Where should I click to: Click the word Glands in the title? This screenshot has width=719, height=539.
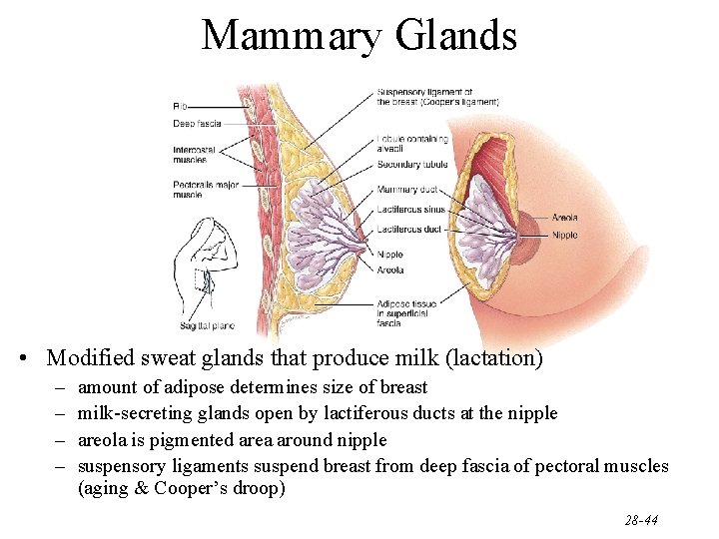click(456, 36)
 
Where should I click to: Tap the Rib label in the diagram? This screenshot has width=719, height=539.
click(180, 106)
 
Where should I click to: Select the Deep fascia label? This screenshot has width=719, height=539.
click(197, 125)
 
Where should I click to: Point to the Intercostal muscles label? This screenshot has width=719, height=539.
click(190, 155)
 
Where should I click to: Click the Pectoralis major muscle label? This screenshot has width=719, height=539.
click(205, 190)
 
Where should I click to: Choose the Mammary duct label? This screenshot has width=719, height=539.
click(406, 190)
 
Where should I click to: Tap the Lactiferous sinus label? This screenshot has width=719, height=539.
click(411, 210)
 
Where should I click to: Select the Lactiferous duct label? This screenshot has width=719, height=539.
click(409, 229)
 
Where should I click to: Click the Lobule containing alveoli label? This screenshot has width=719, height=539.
click(411, 144)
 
